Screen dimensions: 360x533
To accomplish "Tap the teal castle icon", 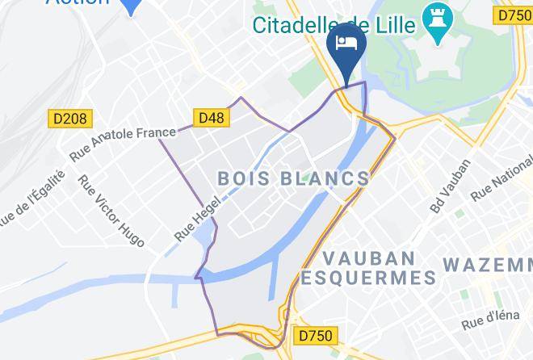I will pyautogui.click(x=439, y=25).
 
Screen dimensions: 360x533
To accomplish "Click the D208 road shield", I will pyautogui.click(x=69, y=119).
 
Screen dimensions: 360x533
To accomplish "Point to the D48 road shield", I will pyautogui.click(x=212, y=119).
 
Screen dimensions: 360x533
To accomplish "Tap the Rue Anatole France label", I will pyautogui.click(x=122, y=142).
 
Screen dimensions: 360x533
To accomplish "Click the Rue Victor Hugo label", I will pyautogui.click(x=111, y=211).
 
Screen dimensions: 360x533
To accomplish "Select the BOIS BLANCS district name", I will pyautogui.click(x=294, y=178).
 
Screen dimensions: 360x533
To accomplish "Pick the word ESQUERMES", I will pyautogui.click(x=368, y=279).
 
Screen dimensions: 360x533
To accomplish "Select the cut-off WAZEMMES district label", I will pyautogui.click(x=488, y=264).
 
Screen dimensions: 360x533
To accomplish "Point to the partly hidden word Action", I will pyautogui.click(x=78, y=2).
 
